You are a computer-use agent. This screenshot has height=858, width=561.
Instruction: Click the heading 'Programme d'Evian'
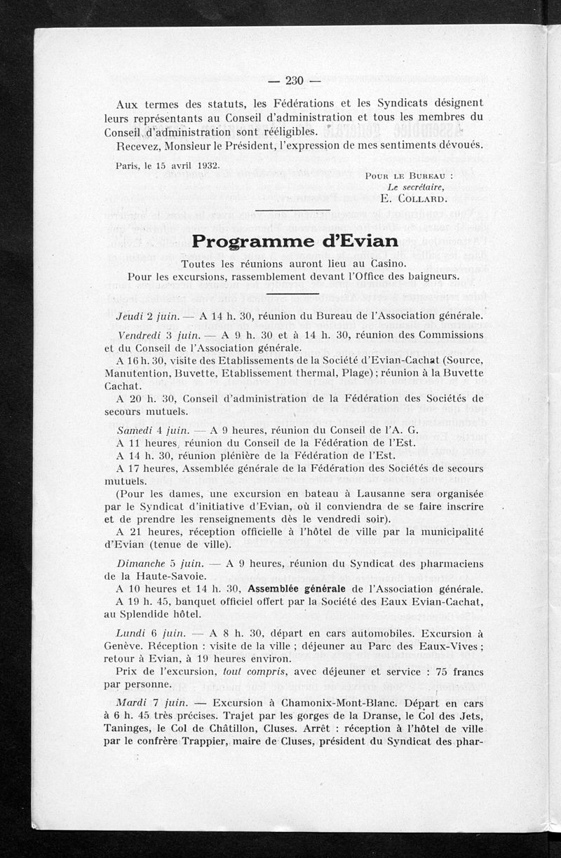[295, 241]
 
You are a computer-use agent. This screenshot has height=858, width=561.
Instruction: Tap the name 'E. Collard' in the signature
[412, 198]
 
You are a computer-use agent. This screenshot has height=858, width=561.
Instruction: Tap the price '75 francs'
[459, 671]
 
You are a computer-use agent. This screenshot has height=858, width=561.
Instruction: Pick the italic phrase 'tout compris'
[247, 671]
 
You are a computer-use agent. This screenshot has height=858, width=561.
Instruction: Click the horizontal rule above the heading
[292, 210]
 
